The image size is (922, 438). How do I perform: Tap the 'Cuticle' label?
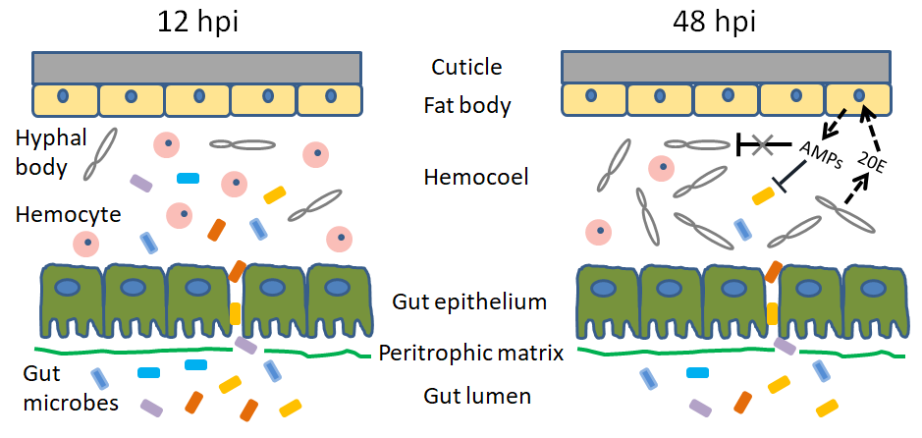coord(466,68)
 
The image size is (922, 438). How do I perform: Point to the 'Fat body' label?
coord(466,105)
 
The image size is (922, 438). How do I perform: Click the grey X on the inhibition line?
coord(761,144)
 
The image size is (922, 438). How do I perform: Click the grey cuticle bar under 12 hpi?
coord(197,67)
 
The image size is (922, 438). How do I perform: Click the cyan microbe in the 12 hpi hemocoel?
coord(188,179)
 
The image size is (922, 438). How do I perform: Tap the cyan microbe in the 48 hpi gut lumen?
coord(698,373)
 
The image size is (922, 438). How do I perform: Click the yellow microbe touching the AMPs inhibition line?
coord(763,196)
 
